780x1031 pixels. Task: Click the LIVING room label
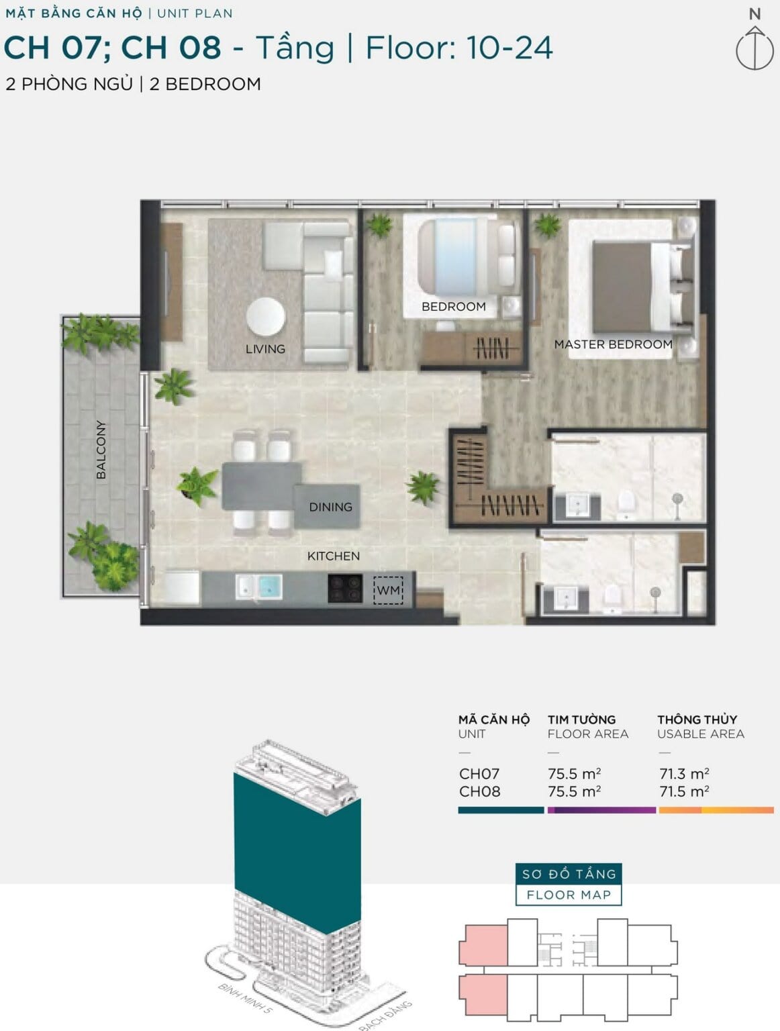[265, 349]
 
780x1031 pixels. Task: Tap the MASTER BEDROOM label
[614, 344]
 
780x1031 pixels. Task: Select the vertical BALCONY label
[101, 450]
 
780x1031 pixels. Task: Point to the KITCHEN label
[334, 556]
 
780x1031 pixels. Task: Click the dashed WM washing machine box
[389, 590]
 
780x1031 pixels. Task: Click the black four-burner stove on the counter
[345, 589]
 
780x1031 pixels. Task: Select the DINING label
[331, 507]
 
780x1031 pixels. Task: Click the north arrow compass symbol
[754, 48]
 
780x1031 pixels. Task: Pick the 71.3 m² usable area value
[684, 773]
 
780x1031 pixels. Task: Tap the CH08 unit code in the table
[479, 791]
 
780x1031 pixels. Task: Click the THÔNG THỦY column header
[697, 719]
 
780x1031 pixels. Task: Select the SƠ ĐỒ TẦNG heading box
[569, 874]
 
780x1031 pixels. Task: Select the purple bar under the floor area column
[601, 810]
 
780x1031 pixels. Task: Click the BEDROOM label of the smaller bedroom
[454, 307]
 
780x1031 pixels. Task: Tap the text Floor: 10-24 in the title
[458, 48]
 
